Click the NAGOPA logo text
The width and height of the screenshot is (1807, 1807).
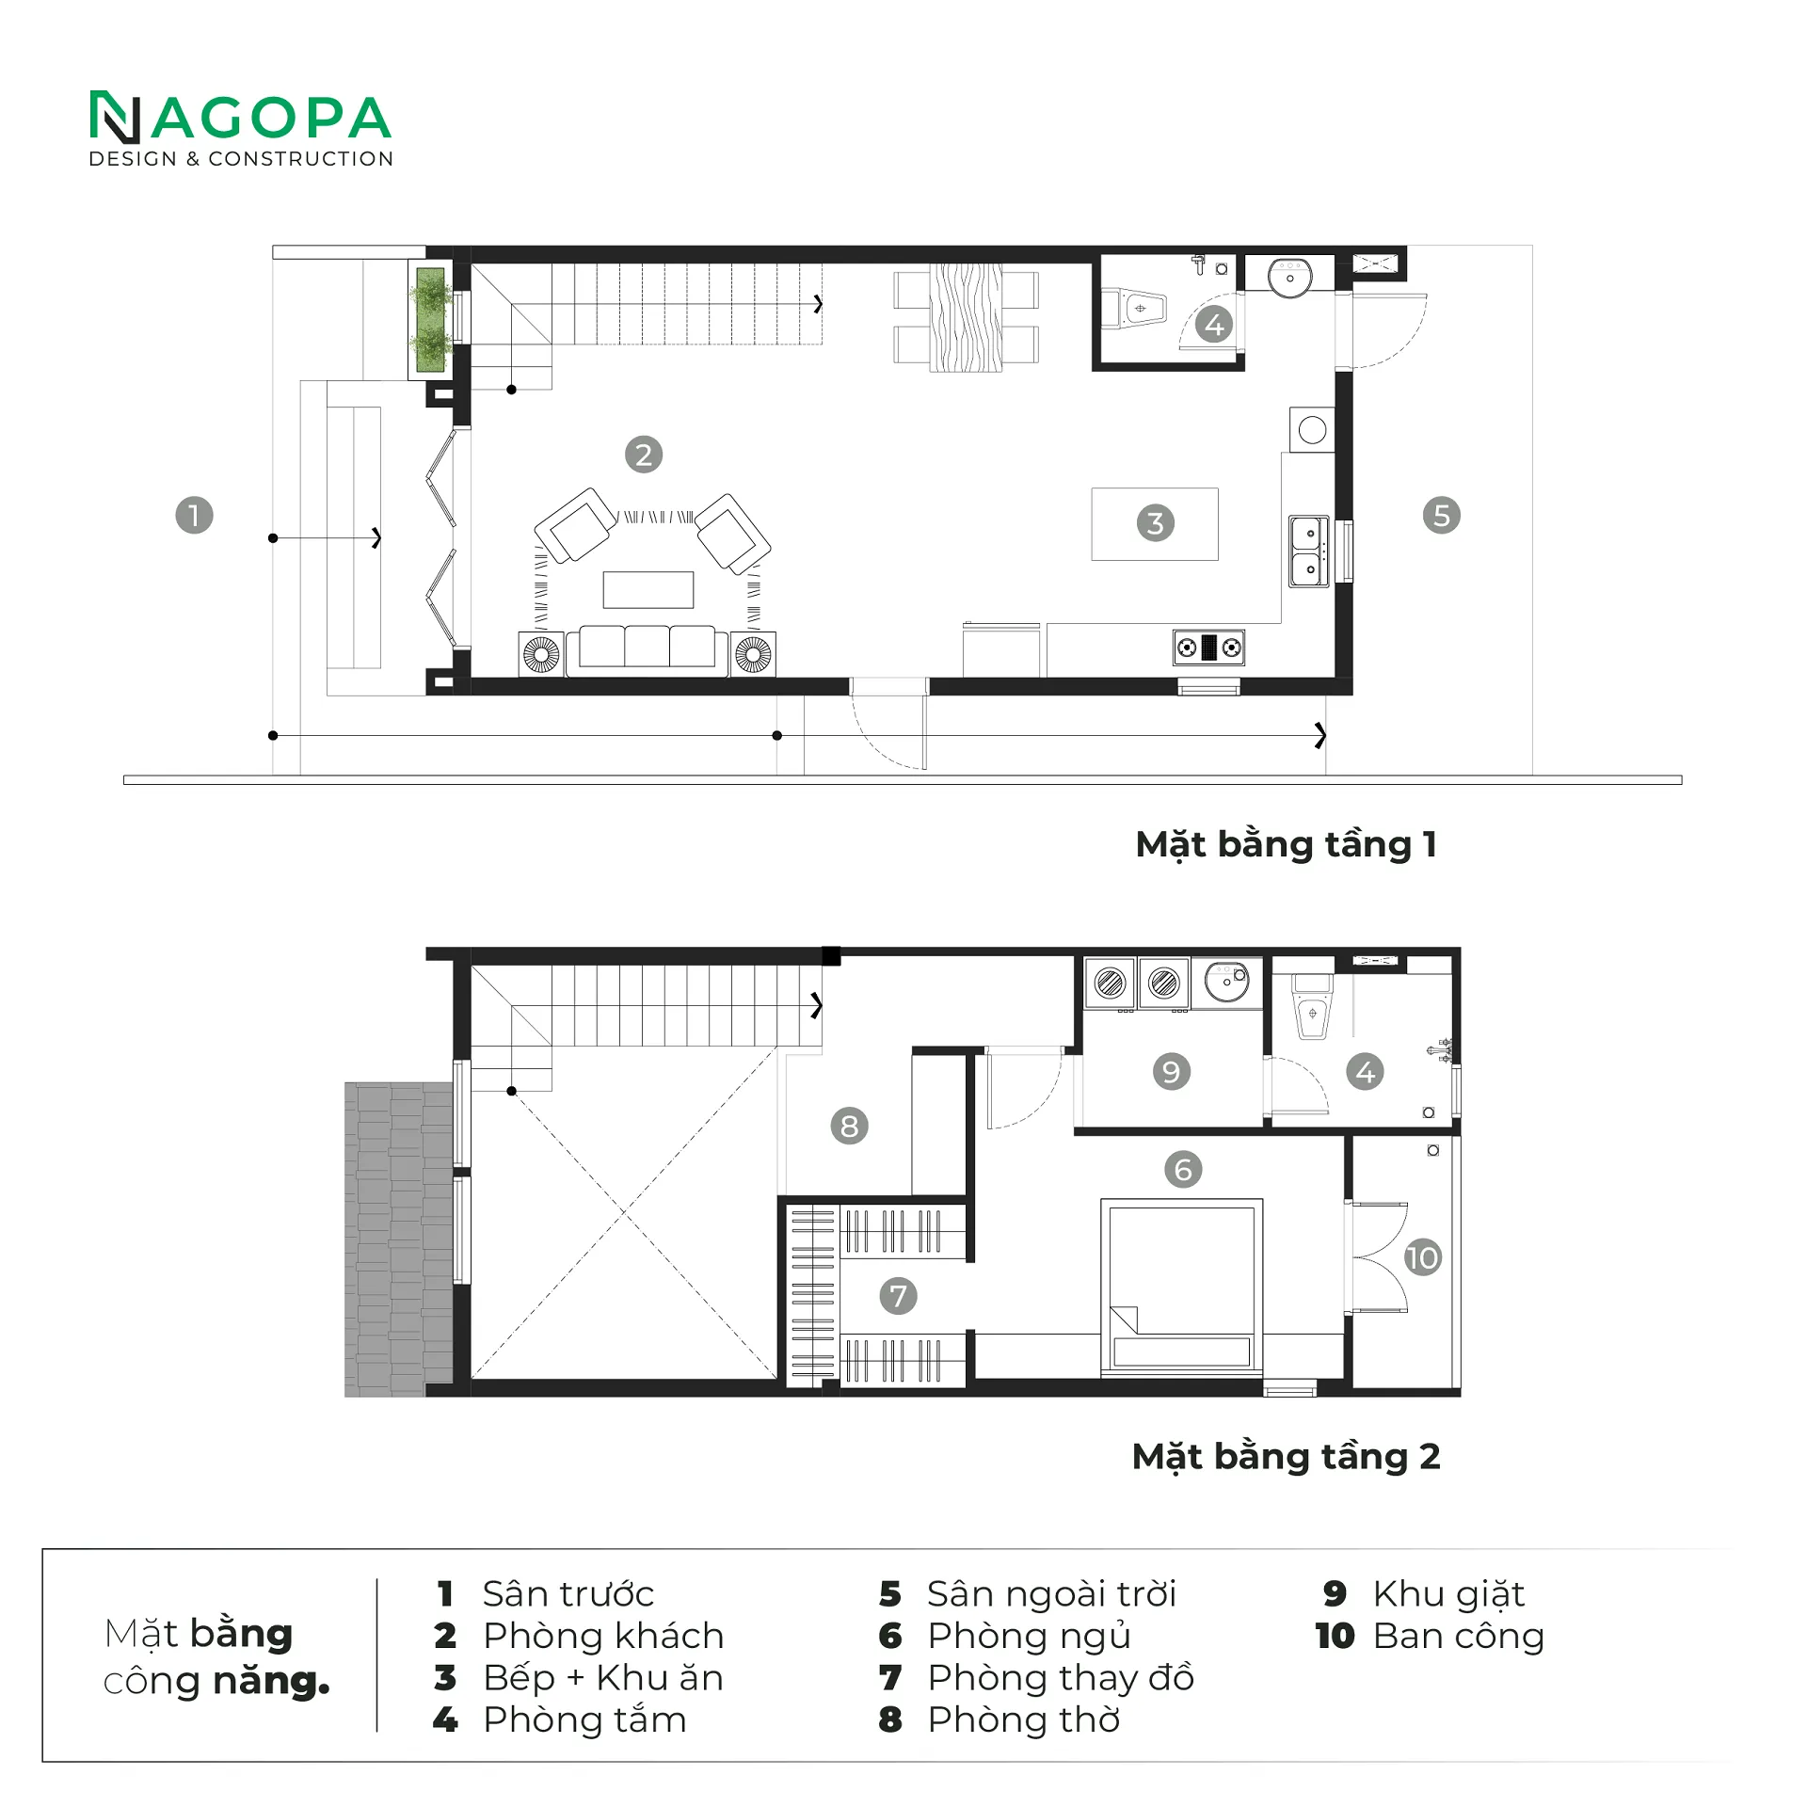240,119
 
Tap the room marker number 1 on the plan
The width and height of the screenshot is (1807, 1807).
194,515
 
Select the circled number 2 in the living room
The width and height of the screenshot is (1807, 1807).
644,455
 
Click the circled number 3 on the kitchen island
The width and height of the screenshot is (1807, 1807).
1155,523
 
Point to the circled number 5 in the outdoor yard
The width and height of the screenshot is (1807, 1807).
1441,515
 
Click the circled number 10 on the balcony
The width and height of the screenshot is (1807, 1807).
1422,1257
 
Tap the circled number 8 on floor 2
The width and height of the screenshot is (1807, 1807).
849,1126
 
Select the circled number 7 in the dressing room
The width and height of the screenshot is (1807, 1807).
898,1296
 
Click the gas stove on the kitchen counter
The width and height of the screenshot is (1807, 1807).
1208,648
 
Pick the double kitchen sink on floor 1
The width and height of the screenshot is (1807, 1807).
1309,551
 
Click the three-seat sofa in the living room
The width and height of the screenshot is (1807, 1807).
647,648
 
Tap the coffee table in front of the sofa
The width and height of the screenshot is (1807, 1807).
648,590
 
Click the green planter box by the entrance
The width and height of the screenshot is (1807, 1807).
430,320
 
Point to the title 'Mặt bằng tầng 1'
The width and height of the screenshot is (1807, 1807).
1286,845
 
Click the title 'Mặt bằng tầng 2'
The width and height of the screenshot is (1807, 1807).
1286,1457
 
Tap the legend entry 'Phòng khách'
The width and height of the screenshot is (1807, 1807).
603,1636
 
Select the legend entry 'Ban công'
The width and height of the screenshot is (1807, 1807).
1459,1637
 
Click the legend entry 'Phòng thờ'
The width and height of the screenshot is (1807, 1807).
1024,1719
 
